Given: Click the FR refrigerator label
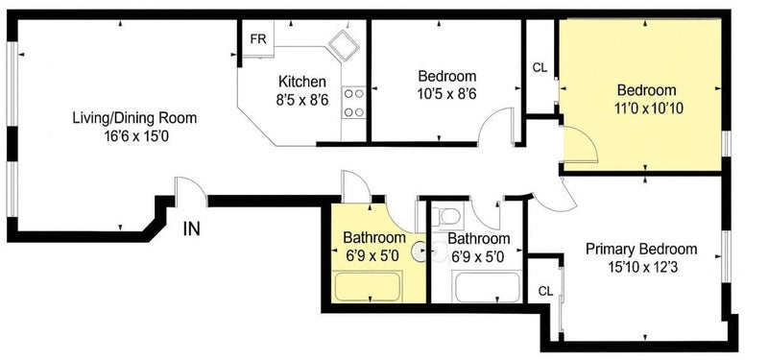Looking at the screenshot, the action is pos(258,39).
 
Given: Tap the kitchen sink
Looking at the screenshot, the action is pos(344,45).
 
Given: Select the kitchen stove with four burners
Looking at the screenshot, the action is pos(354,103).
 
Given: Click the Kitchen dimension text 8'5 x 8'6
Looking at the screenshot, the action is pos(301,100).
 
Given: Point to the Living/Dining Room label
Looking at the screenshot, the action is pos(134,118).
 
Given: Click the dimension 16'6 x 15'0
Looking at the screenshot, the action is pos(136,136).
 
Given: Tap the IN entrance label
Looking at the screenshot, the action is pos(191,228).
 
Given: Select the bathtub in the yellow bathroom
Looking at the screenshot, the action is pos(369,286).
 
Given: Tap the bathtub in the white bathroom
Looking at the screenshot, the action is pos(488,287).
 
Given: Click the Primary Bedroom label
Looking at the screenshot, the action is pos(641,249).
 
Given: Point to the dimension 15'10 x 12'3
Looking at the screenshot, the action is pos(641,268).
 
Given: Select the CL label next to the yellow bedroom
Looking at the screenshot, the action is pos(540,68).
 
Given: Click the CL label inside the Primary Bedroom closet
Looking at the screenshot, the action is pos(545,291).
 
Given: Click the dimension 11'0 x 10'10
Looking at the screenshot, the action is pos(649,108).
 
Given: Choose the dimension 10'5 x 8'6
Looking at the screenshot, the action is pos(447,93).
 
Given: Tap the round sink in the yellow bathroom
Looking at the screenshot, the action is pos(419,252).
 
